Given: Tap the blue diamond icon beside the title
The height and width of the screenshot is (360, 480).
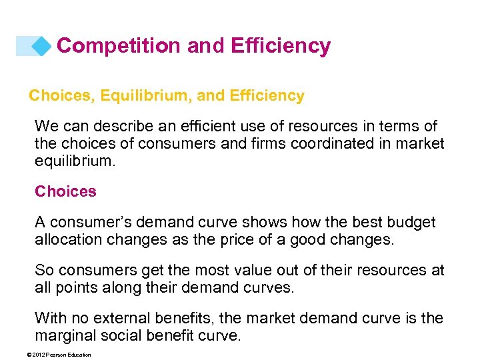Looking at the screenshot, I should [x=41, y=45].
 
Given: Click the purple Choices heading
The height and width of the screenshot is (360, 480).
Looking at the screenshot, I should [x=65, y=191].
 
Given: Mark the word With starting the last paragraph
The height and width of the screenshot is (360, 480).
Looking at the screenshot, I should [x=51, y=318].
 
